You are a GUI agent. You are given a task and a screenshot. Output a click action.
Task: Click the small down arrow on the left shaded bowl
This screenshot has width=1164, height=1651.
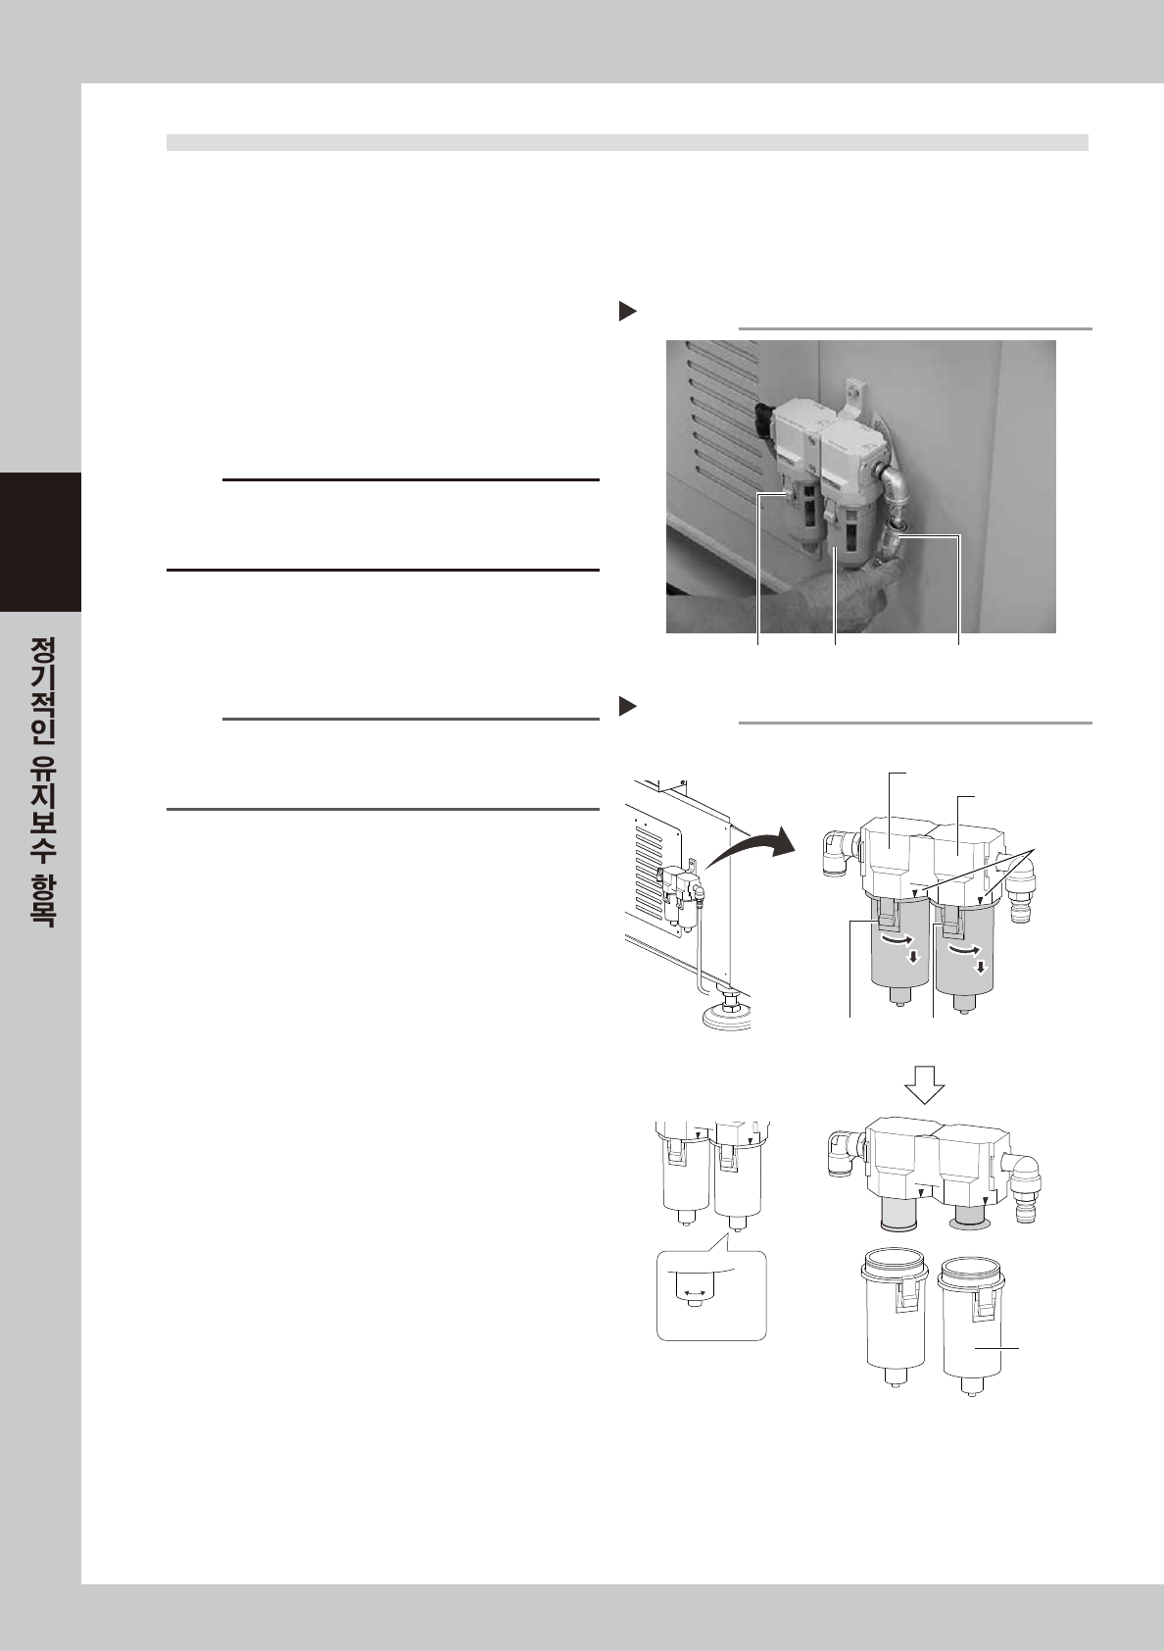913,957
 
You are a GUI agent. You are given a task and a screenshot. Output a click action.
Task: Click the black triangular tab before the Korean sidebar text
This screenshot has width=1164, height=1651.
40,542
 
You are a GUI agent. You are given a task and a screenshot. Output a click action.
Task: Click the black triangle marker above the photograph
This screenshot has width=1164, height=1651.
628,311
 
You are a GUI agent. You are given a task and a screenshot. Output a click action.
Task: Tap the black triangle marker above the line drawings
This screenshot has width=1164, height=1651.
628,706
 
